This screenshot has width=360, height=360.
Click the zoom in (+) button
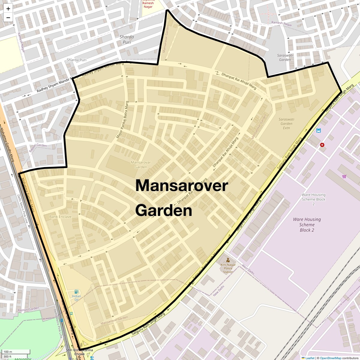(8, 9)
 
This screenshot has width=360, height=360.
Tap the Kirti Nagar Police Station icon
(228, 260)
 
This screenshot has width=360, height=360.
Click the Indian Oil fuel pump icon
(76, 291)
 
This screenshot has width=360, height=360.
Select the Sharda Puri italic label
(127, 39)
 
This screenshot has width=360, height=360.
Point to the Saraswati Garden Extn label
(286, 123)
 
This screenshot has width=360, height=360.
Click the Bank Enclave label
(60, 217)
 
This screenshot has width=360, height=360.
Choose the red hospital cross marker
(322, 145)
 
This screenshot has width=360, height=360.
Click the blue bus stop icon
(318, 130)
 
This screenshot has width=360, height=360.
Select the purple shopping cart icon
(344, 176)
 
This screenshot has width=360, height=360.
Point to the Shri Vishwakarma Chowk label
(75, 352)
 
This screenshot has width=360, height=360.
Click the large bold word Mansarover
(182, 185)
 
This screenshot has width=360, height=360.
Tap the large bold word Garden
(164, 211)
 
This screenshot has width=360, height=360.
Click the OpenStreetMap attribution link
(330, 358)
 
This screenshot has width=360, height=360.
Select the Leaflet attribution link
(310, 358)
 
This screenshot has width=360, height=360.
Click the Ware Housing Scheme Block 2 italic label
(307, 225)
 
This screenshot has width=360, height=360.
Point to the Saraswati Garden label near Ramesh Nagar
(285, 57)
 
